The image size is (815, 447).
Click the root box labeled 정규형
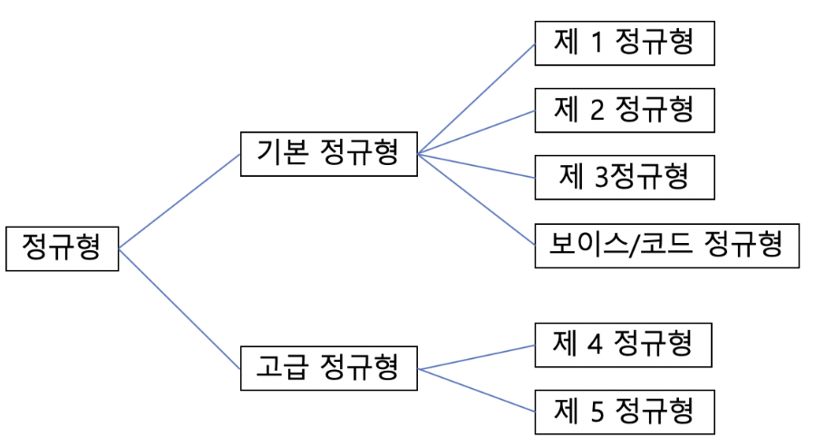[62, 247]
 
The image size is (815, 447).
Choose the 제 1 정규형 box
[624, 42]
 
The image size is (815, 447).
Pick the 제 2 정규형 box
[624, 110]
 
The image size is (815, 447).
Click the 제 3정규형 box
[624, 177]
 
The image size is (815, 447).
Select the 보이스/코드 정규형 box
[666, 245]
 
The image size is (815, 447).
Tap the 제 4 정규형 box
[624, 345]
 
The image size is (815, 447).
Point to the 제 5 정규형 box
[624, 413]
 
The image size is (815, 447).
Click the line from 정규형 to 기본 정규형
[179, 199]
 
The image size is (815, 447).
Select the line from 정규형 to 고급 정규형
[179, 307]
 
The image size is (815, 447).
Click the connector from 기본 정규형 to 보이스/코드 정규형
[476, 199]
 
